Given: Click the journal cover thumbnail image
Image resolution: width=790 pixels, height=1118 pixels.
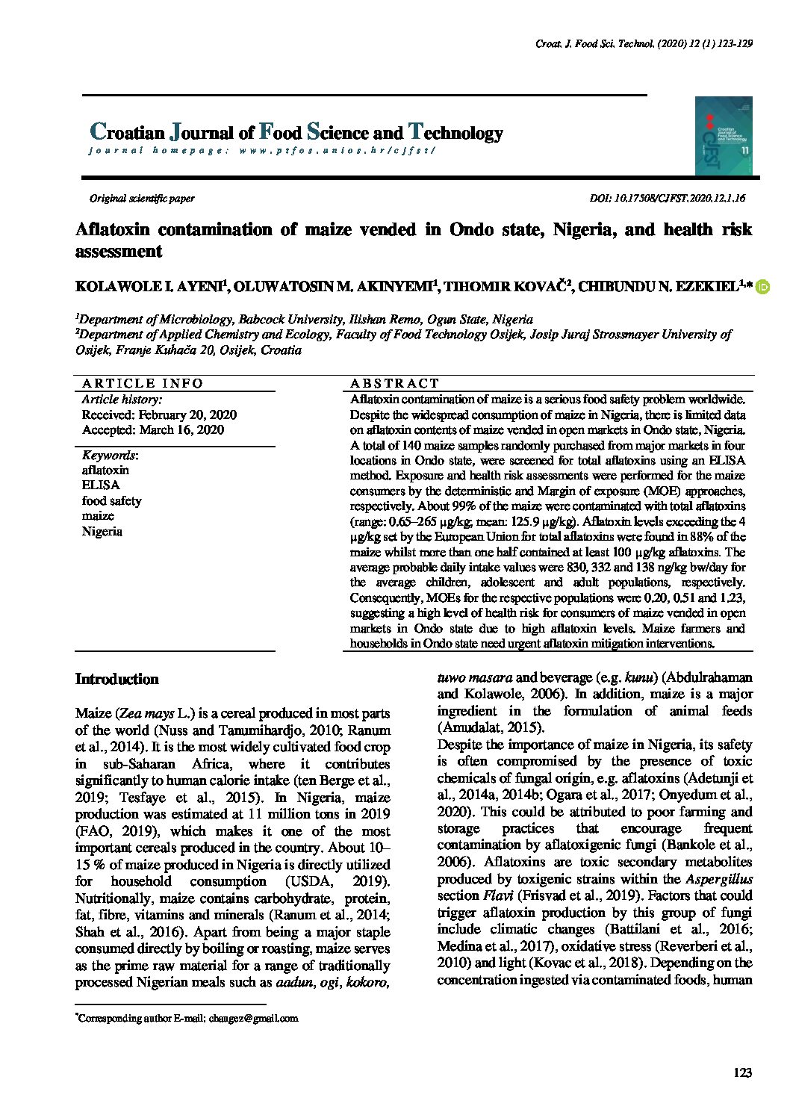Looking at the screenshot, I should point(723,136).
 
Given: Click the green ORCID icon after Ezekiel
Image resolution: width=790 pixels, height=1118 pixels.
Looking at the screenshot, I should point(762,287).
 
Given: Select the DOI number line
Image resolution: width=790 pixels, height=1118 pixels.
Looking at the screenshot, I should point(667,199).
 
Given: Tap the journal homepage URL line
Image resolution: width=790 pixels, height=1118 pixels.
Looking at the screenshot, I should point(261,151).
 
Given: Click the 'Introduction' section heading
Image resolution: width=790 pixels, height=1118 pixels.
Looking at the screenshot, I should point(117,680).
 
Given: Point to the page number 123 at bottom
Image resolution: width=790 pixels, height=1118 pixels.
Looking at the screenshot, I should point(742,1072).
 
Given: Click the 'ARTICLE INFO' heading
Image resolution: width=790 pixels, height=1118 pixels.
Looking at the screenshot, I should point(142,384).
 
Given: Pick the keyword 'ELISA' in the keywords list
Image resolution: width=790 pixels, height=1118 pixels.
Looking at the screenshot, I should point(101,485).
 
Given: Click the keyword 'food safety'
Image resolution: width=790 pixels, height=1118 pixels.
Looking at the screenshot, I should point(111,501).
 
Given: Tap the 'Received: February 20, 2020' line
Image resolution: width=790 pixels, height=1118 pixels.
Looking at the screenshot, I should point(159,415).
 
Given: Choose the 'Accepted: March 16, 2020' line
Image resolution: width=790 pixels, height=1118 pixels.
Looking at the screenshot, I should point(152,430).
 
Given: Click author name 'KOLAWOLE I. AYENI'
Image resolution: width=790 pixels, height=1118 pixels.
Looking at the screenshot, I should point(149,288).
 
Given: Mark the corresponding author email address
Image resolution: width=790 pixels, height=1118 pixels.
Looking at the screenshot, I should point(253,1018).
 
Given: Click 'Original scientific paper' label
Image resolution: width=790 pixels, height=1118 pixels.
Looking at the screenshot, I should point(142,199).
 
